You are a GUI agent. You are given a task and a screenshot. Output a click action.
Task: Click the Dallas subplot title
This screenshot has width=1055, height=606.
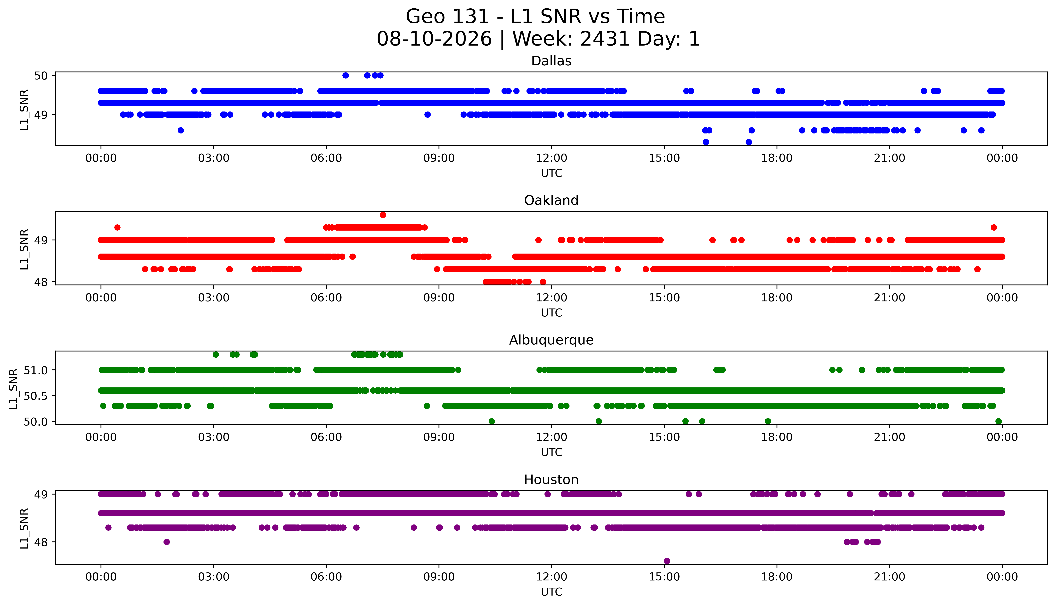point(551,61)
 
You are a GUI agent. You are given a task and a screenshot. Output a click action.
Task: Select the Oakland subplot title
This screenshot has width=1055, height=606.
point(551,201)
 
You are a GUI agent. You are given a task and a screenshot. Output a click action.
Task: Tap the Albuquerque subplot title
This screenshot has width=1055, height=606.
point(551,340)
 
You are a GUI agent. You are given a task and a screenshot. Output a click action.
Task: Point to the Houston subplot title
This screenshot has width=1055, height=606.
point(551,480)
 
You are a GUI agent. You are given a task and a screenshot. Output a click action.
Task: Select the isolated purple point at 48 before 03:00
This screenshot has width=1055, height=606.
point(167,542)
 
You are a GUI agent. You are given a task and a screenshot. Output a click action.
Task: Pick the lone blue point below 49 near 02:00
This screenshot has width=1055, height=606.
point(181,130)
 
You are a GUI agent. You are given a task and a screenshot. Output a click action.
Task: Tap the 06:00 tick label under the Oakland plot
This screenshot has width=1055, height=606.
point(326,298)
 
